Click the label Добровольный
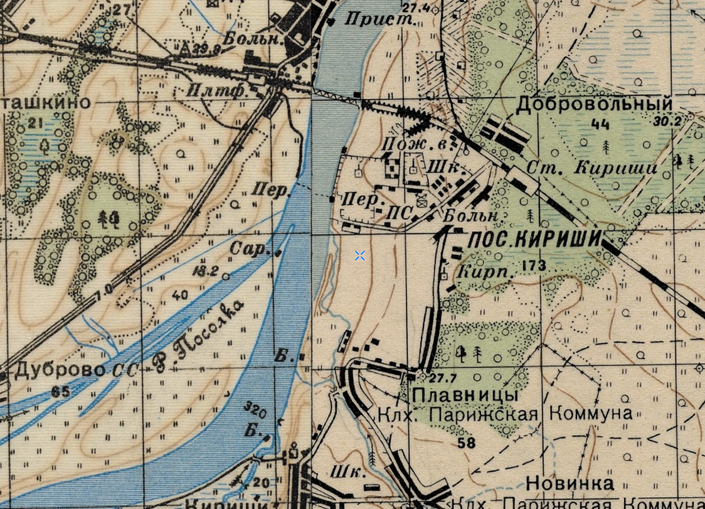(x=593, y=104)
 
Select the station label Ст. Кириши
(x=591, y=168)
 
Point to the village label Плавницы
(x=465, y=395)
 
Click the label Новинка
(x=570, y=483)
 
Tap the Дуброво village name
(x=59, y=370)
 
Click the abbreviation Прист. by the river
(x=381, y=19)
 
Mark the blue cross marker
(x=359, y=255)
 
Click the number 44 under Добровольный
(x=600, y=125)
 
